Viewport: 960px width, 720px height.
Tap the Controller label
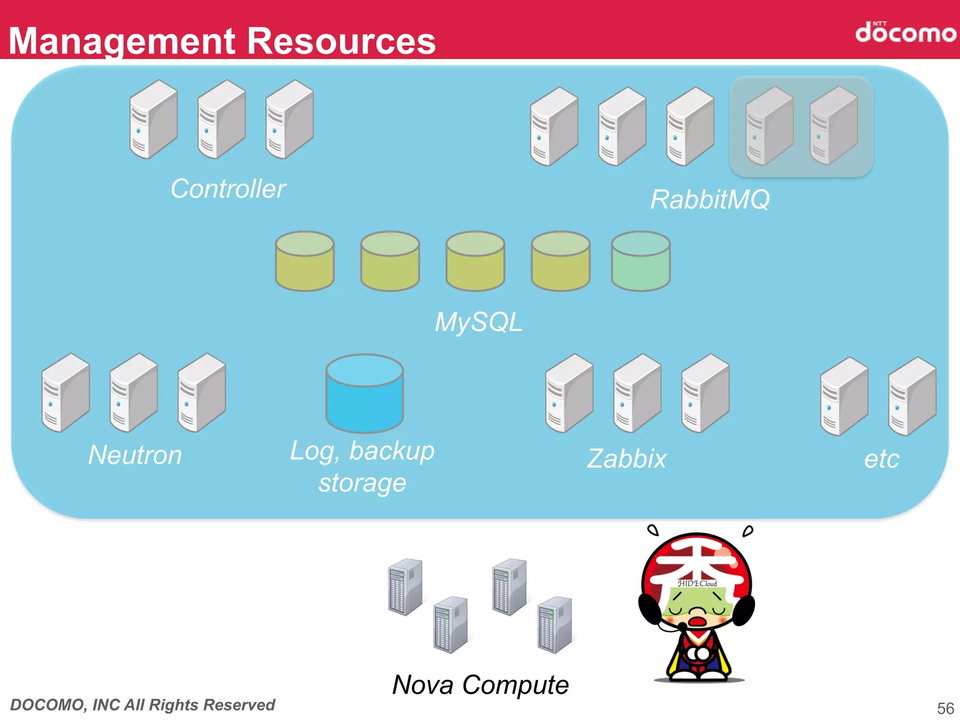(228, 189)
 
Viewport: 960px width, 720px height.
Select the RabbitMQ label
(710, 200)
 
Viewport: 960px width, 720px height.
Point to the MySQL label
(478, 322)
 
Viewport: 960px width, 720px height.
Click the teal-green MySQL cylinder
(641, 261)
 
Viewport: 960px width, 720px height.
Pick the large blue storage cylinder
(365, 394)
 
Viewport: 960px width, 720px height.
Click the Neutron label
(135, 455)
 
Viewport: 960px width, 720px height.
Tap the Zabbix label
(627, 458)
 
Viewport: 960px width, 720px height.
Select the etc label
(882, 459)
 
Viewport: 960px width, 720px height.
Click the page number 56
(945, 708)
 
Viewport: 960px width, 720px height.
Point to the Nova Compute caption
(480, 685)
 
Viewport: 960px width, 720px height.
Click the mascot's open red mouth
(697, 622)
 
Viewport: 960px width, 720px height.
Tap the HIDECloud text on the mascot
(697, 584)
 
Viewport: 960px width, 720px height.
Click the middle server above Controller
(221, 120)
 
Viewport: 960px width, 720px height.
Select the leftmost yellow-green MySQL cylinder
(305, 261)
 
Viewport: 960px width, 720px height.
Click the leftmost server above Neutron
(66, 393)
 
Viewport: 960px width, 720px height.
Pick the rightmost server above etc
(912, 397)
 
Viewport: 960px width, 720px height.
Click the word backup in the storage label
(392, 451)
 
